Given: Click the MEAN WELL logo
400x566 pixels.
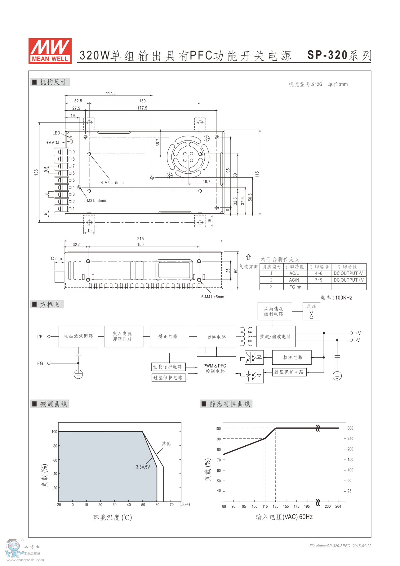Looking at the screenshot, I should [x=50, y=51].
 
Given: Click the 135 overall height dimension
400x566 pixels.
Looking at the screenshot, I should [x=36, y=172].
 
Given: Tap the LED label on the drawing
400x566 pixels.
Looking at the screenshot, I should [x=56, y=133].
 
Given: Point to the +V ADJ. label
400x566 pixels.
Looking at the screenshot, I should [x=53, y=143].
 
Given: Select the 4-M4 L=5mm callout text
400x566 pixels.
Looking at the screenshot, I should [x=112, y=183].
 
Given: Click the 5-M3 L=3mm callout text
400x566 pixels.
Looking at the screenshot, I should [x=95, y=201].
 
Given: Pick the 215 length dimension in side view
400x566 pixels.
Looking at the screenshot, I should [x=140, y=238].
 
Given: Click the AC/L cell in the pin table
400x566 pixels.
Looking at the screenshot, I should [x=294, y=274].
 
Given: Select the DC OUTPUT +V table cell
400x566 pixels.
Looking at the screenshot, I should [x=349, y=280].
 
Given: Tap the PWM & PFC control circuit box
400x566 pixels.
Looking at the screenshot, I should [x=216, y=368].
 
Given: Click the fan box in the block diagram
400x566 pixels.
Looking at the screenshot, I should [x=311, y=311].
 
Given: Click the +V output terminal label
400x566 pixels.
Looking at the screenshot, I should [x=358, y=333].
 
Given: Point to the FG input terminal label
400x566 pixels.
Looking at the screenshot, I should [x=40, y=363].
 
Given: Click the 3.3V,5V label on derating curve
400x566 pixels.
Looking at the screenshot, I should [x=143, y=467].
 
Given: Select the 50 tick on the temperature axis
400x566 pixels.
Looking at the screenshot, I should [x=143, y=505].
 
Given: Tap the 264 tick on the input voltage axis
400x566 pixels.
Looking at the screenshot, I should [x=338, y=506].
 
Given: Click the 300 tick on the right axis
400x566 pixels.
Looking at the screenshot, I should [x=350, y=428].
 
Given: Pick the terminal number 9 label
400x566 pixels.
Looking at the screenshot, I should [x=73, y=152].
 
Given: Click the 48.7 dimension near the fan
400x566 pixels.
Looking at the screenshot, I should [x=206, y=181].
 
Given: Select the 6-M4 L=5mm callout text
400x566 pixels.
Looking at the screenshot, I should [x=212, y=297].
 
